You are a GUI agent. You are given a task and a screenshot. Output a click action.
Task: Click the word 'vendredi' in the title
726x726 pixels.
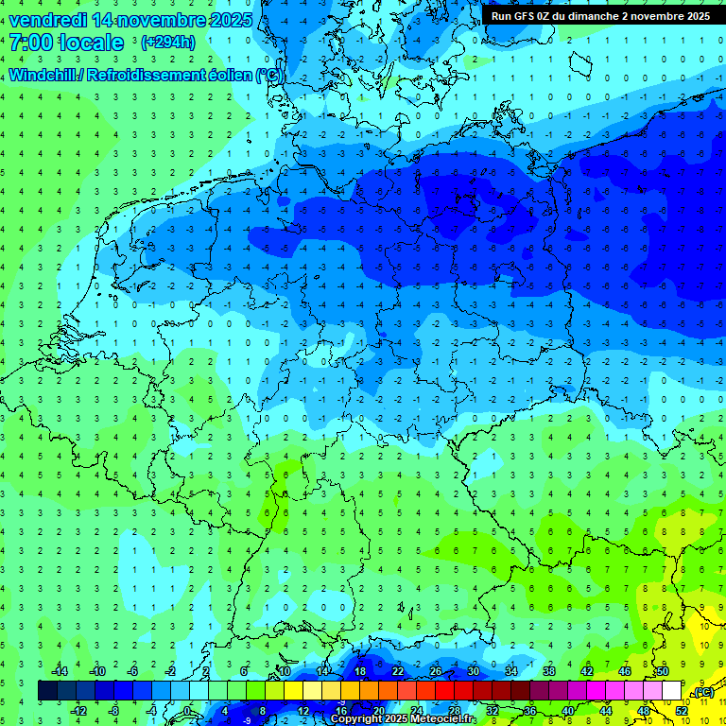click(x=46, y=19)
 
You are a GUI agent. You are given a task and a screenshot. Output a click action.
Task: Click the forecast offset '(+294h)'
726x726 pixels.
click(x=167, y=43)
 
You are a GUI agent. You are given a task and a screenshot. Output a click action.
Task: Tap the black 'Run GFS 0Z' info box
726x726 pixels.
click(x=600, y=15)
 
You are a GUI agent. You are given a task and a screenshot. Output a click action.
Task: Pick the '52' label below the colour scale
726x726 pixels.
click(x=682, y=711)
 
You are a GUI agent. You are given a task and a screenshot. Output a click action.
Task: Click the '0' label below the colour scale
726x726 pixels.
click(x=187, y=711)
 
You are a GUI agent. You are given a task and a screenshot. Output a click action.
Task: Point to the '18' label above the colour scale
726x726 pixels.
click(x=359, y=671)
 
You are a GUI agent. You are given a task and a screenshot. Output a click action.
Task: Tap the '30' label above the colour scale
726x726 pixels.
click(x=473, y=671)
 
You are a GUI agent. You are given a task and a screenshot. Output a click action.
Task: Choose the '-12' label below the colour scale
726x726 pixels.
click(x=78, y=711)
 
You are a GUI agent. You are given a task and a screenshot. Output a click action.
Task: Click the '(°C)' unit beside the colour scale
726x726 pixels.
click(x=703, y=692)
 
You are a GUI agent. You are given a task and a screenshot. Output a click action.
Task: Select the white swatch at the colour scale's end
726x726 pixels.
click(x=671, y=691)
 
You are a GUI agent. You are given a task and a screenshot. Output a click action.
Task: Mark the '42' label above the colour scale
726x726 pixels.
click(x=586, y=671)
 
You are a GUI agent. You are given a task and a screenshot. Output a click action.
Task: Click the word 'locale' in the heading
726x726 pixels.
click(x=93, y=43)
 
